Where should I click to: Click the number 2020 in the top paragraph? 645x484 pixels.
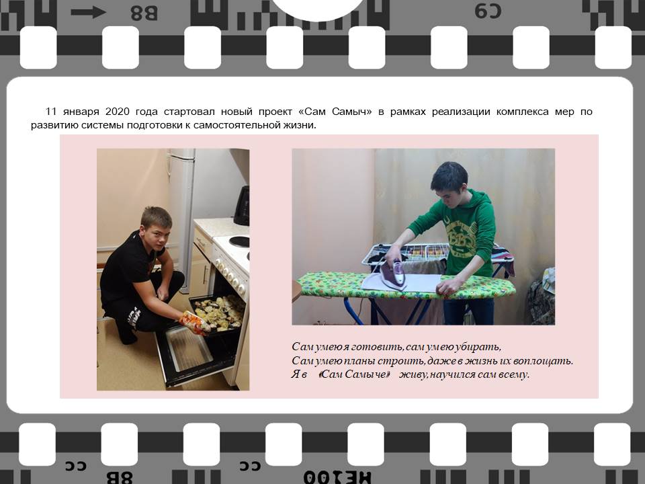point(118,112)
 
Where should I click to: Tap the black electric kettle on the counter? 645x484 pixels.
point(242,206)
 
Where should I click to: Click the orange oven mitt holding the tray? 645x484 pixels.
point(194,323)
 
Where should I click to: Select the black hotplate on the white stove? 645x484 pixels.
point(239,241)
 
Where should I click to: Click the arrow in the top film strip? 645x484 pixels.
point(89,12)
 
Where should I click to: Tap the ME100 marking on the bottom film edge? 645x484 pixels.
point(337,477)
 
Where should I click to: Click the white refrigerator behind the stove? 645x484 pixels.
point(181,214)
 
